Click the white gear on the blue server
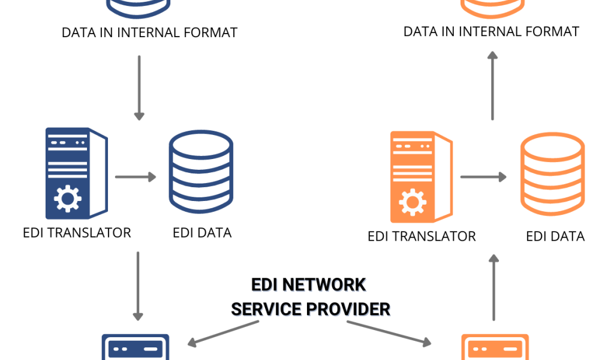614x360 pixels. [67, 199]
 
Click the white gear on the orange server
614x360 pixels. [413, 202]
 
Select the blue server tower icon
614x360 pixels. [76, 173]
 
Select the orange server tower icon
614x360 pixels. [421, 176]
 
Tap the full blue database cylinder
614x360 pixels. [201, 172]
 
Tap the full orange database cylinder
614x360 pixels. [552, 174]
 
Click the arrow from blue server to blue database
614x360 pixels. [136, 177]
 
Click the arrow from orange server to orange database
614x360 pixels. [483, 177]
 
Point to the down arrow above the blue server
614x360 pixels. [139, 88]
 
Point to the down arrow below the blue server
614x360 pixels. [138, 286]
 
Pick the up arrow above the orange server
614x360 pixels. [493, 85]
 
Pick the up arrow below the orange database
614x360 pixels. [493, 287]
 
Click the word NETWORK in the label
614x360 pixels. [324, 286]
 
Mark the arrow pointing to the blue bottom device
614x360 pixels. [223, 333]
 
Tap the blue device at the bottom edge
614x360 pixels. [135, 347]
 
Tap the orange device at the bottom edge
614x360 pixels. [495, 347]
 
